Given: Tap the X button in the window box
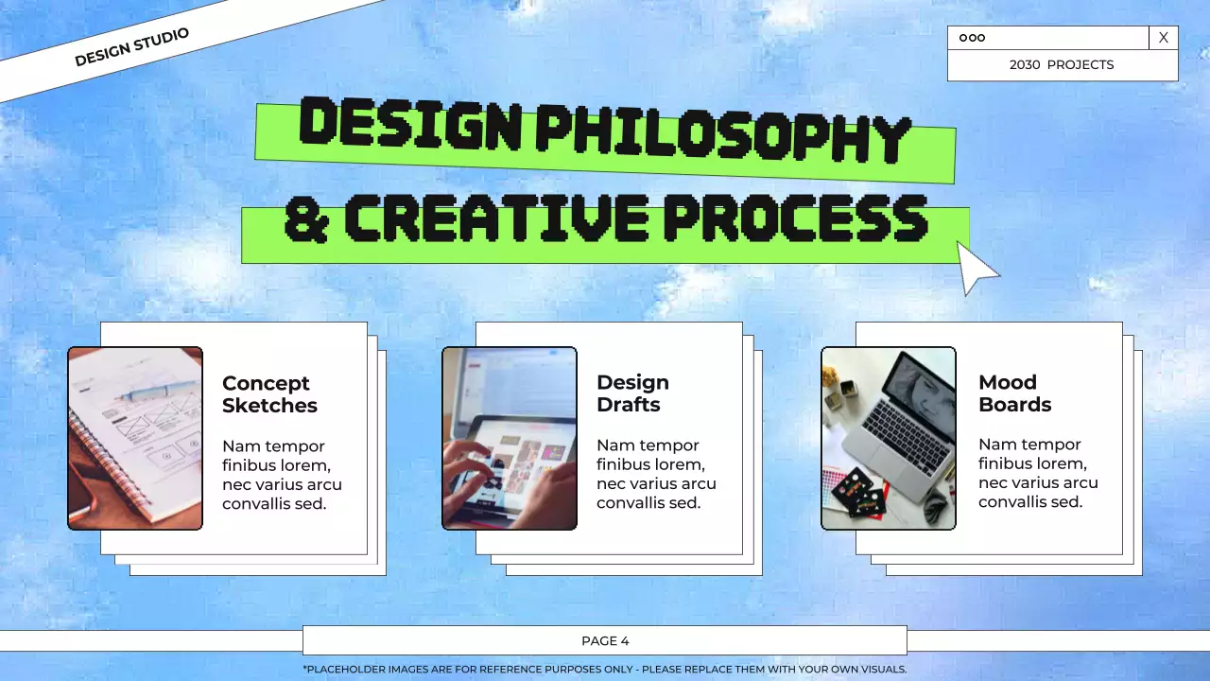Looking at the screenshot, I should (x=1164, y=38).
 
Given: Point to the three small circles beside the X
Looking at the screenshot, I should (x=972, y=38).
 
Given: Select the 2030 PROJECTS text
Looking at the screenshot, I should (x=1062, y=65).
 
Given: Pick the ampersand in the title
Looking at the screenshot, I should (x=305, y=218).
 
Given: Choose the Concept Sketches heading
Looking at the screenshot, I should (x=269, y=394).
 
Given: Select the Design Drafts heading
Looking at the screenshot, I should (x=632, y=393).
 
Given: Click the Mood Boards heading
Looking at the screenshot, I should (x=1014, y=393).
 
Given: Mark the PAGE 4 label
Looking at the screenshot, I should (x=605, y=641).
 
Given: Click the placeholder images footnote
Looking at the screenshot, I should (x=605, y=670).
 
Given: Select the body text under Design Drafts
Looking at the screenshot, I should (x=656, y=474).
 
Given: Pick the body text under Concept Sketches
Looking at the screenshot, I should (x=282, y=475).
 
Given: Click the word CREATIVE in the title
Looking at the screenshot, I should (x=495, y=218).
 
